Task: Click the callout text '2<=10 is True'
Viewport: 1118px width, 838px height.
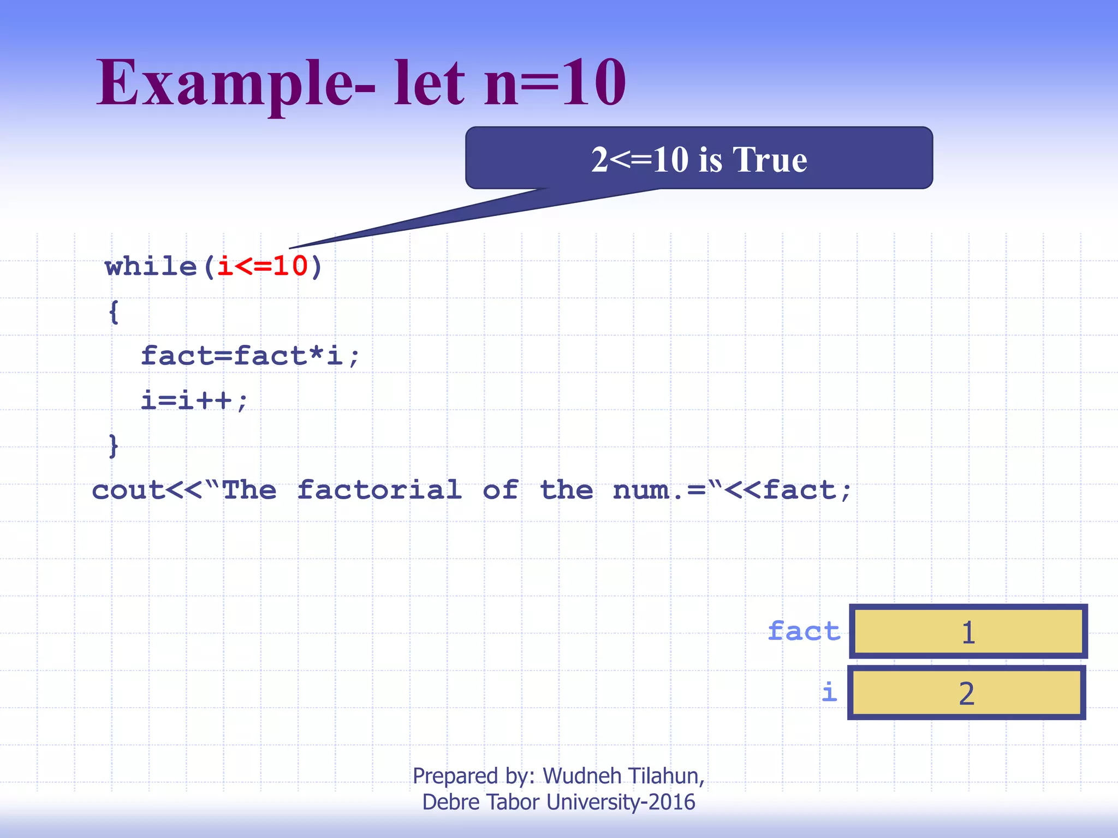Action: [x=699, y=160]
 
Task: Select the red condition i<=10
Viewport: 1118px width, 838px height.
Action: [x=263, y=267]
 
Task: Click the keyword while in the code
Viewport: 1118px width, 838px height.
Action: [x=151, y=267]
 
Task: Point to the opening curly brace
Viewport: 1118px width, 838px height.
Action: [x=114, y=313]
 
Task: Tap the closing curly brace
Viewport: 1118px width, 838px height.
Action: [x=114, y=446]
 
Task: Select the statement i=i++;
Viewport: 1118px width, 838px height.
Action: [x=194, y=401]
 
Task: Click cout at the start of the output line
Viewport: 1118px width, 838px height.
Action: [x=128, y=490]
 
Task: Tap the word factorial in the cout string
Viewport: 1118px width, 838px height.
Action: [x=379, y=490]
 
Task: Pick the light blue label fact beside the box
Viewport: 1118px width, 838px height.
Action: [x=804, y=632]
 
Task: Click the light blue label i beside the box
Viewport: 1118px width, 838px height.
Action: [x=829, y=693]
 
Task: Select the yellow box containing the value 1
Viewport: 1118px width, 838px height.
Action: [x=968, y=632]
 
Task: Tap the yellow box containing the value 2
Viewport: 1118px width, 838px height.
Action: [x=966, y=693]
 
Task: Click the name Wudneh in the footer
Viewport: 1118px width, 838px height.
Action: [x=582, y=776]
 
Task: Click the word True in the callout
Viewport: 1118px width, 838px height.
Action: [x=770, y=160]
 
